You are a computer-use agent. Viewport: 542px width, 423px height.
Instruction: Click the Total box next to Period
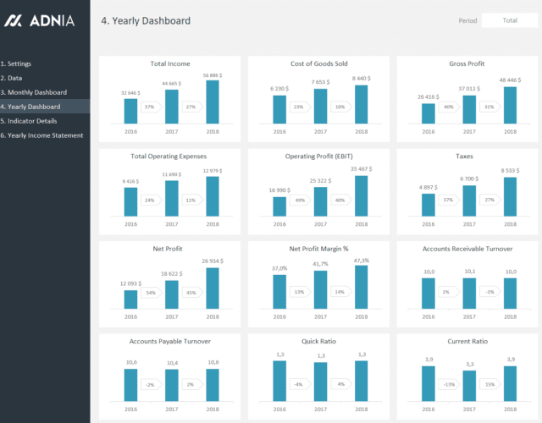(510, 20)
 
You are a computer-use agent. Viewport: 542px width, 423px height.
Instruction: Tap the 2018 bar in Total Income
(213, 102)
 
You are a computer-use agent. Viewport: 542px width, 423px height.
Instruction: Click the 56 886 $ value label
(213, 75)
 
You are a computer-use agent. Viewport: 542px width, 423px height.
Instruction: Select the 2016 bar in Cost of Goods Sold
(279, 109)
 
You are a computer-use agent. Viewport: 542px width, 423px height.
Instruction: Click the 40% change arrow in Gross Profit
(449, 107)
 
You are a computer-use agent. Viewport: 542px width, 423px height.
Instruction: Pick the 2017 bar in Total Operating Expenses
(172, 198)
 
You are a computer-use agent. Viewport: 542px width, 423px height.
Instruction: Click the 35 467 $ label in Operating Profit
(362, 169)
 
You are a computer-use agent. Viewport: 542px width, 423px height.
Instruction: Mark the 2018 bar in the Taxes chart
(510, 195)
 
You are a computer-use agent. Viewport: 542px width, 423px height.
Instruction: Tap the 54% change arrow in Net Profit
(151, 293)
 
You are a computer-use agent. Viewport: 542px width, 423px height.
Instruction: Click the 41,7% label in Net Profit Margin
(320, 264)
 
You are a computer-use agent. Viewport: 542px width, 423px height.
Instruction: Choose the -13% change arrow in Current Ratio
(449, 385)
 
